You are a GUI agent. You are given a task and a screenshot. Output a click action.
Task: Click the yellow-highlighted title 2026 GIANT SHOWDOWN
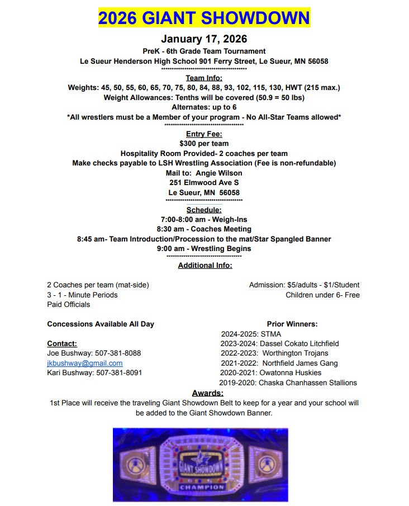coord(204,17)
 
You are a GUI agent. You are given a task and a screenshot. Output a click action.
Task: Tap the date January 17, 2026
coord(204,39)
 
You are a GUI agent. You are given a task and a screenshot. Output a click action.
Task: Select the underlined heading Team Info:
coord(204,78)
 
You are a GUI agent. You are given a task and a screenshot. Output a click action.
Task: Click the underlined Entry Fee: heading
coord(204,134)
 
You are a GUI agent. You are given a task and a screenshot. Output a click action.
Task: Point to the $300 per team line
coord(204,144)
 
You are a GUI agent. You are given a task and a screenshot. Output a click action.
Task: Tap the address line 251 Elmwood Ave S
coord(204,183)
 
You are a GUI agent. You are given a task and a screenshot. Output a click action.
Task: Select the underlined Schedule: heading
coord(204,210)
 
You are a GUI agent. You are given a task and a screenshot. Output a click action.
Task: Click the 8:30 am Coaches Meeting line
coord(204,229)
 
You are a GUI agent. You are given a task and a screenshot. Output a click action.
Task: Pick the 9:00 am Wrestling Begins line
coord(204,249)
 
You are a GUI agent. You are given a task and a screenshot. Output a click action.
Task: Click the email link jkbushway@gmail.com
coord(85,363)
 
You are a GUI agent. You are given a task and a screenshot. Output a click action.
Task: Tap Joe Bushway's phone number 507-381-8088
coord(118,353)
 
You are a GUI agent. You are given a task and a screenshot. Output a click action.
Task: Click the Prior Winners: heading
coord(292,324)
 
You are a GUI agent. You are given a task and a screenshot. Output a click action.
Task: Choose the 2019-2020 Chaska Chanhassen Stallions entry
coord(288,383)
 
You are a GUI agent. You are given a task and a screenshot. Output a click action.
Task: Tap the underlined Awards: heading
coord(204,393)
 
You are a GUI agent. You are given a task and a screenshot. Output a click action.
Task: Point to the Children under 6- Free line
coord(322,295)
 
